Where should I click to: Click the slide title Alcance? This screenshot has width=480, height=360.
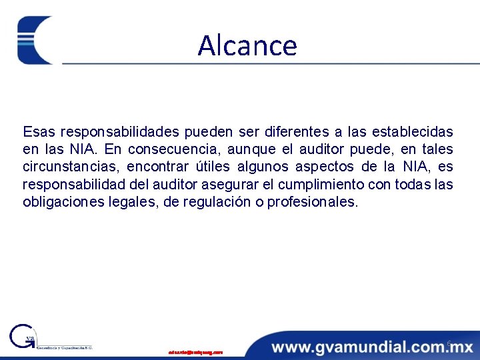(x=247, y=45)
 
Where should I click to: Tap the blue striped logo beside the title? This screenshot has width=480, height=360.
(x=35, y=40)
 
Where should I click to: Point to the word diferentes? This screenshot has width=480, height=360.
(x=294, y=131)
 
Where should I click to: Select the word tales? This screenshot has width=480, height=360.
(x=436, y=149)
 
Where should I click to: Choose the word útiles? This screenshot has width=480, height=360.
(x=214, y=167)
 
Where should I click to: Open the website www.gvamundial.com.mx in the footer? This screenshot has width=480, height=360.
(x=372, y=347)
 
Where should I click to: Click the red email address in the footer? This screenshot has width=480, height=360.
(x=196, y=351)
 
